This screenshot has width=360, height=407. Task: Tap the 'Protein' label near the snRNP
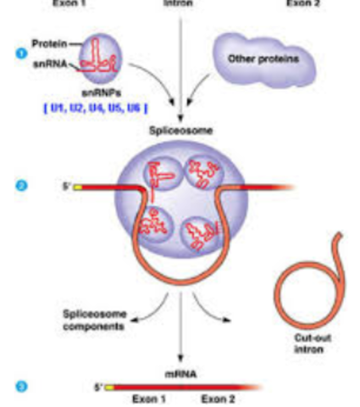(47, 42)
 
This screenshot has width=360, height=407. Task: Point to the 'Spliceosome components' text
(94, 319)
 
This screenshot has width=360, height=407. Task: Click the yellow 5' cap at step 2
(78, 187)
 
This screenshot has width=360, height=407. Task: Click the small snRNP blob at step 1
(102, 59)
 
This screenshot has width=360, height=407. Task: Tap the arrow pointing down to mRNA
(180, 343)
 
